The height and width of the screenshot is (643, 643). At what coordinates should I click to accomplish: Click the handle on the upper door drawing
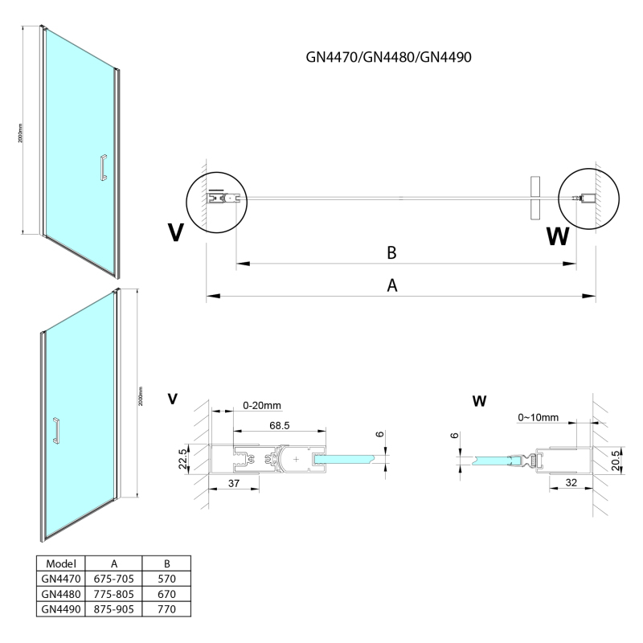coord(101,166)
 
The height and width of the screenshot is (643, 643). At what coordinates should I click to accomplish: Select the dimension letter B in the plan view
coord(391,252)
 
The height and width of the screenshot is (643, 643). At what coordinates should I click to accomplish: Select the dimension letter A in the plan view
coord(392,286)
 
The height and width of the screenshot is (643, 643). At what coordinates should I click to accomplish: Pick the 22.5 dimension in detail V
coord(183,461)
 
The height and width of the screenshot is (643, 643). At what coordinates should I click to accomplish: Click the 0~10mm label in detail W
coord(538,418)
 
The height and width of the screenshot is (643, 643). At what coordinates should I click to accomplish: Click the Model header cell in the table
coord(62,563)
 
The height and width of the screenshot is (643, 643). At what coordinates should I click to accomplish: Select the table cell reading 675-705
coord(113,579)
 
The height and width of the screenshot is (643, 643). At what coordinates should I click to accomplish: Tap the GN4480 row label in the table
coord(62,594)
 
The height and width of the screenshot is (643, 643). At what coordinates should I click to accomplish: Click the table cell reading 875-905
coord(113,609)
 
